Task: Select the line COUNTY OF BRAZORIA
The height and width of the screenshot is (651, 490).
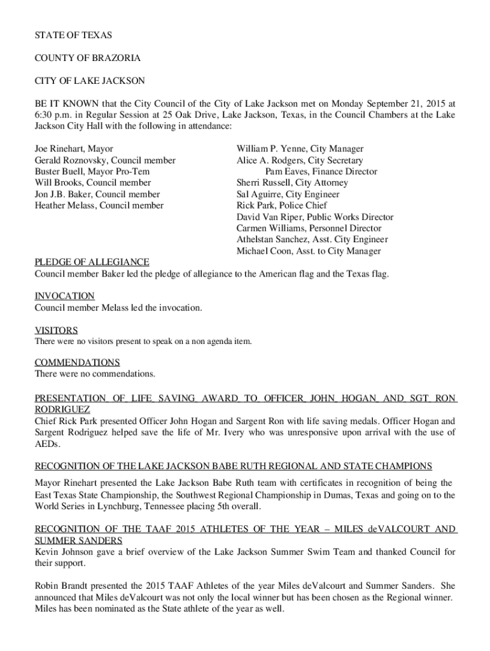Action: click(x=88, y=58)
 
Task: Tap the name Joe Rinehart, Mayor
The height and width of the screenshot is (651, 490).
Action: click(x=74, y=149)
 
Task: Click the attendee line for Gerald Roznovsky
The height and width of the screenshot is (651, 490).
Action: click(x=105, y=160)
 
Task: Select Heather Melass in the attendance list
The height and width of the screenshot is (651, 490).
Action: click(x=99, y=205)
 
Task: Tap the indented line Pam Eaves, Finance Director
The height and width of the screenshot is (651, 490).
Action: click(x=321, y=172)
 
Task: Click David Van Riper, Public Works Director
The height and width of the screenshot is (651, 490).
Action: click(x=315, y=217)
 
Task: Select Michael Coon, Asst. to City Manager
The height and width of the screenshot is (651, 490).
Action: click(x=309, y=251)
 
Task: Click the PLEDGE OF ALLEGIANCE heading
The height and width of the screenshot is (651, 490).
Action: click(x=92, y=262)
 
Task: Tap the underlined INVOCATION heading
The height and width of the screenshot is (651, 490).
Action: click(x=64, y=296)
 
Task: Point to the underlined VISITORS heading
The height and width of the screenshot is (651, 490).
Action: click(x=56, y=331)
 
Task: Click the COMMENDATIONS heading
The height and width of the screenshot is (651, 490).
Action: click(x=77, y=362)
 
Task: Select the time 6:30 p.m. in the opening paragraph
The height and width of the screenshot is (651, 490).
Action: click(x=54, y=114)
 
